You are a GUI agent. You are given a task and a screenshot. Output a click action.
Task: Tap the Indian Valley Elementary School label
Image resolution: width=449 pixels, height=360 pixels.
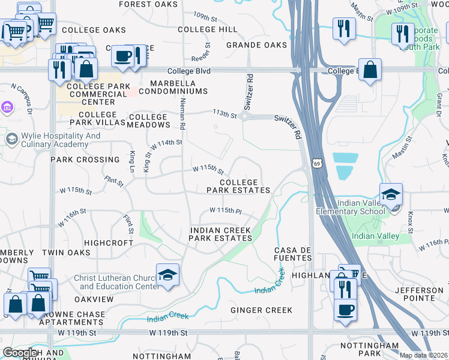click(x=352, y=207)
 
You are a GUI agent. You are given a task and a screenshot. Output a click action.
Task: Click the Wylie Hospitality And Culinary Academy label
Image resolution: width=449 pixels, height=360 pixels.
click(x=61, y=140)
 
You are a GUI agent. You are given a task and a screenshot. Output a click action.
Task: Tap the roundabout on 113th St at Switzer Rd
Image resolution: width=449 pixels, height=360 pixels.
click(x=245, y=117)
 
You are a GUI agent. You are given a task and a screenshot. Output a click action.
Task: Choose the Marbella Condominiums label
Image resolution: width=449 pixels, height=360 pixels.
click(x=170, y=87)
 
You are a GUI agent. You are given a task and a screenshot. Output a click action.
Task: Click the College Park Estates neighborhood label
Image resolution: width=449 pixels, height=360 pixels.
click(x=238, y=186)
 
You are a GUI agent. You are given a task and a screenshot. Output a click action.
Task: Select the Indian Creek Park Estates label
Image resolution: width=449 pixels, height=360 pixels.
click(x=220, y=234)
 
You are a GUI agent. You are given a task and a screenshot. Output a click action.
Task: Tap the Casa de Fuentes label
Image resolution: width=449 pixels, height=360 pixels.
click(x=293, y=254)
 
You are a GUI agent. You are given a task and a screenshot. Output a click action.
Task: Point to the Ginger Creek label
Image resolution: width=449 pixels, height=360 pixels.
click(x=262, y=310)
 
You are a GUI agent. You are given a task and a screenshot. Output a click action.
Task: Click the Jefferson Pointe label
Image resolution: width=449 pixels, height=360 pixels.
click(x=420, y=294)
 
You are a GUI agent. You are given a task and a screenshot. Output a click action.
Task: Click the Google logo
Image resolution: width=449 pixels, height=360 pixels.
click(x=20, y=353)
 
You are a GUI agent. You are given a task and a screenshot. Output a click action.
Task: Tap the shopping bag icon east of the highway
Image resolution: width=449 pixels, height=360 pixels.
click(x=371, y=69)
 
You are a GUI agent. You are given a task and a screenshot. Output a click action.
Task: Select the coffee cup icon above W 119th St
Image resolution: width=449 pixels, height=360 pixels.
click(x=345, y=311)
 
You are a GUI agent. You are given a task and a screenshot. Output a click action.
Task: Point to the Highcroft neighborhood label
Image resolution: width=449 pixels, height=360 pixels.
click(x=108, y=243)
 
